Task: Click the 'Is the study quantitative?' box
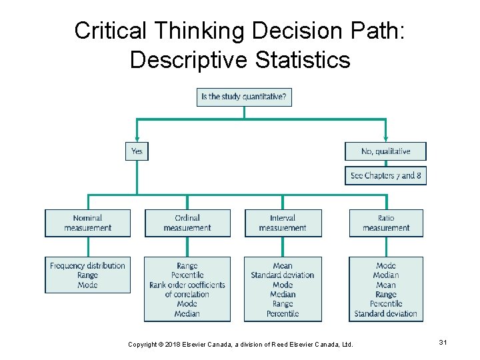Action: (x=244, y=97)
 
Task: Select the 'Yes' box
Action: (x=137, y=151)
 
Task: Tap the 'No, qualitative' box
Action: (x=385, y=151)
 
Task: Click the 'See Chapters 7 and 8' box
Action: (x=385, y=175)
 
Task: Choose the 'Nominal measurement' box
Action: (x=87, y=223)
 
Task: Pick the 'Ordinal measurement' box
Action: (x=187, y=223)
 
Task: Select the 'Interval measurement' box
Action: (x=283, y=223)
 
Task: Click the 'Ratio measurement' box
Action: (x=386, y=223)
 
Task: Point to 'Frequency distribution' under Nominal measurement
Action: (x=87, y=266)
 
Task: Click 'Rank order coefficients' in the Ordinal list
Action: (x=187, y=285)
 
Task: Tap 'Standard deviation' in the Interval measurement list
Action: (x=283, y=275)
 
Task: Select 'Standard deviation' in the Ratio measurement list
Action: (x=386, y=313)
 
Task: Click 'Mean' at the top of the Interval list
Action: (x=283, y=266)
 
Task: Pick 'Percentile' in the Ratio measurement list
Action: (x=386, y=304)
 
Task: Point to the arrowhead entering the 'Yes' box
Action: (x=137, y=139)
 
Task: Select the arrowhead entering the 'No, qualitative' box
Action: (x=385, y=139)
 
